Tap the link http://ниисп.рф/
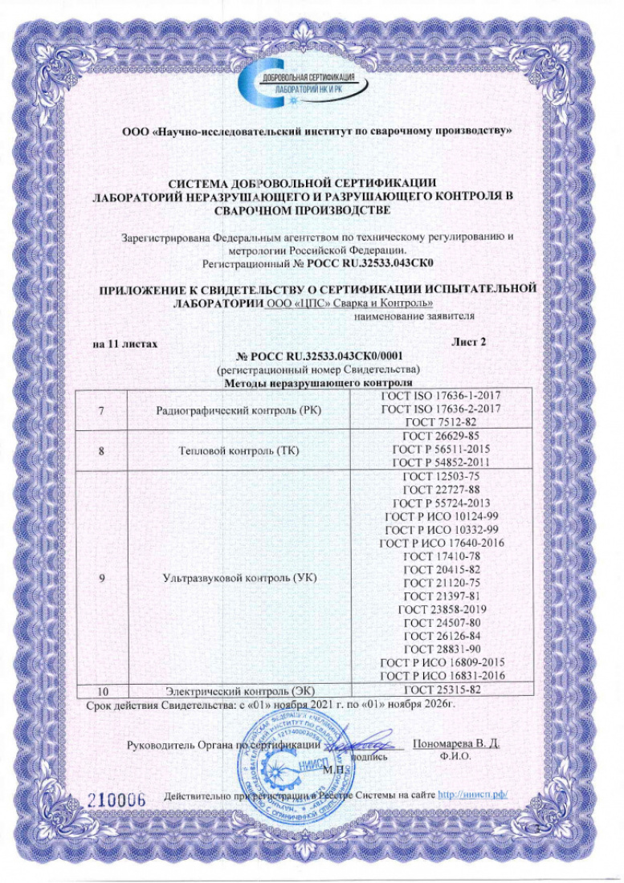(x=475, y=796)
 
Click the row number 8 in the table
(x=102, y=450)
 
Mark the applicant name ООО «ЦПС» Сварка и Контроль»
(x=349, y=303)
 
